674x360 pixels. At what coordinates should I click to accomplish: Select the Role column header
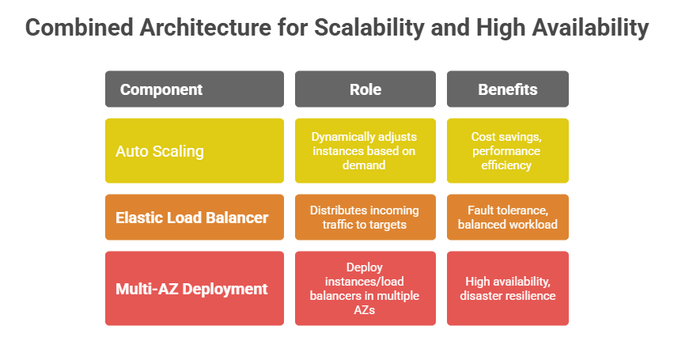tap(365, 89)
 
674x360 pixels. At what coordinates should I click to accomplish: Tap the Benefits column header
tap(507, 89)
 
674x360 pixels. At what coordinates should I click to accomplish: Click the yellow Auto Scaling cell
tap(194, 151)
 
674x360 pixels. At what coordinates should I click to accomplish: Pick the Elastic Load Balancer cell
tap(194, 217)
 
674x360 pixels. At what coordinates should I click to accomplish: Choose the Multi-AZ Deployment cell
tap(194, 289)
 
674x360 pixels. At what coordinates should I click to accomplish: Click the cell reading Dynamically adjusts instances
tap(365, 151)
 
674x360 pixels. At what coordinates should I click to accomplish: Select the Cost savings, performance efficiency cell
tap(507, 151)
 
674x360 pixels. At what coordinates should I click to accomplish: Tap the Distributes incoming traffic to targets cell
tap(365, 217)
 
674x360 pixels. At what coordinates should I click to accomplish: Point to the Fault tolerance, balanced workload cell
tap(507, 217)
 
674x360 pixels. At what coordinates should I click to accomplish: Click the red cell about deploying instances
tap(365, 289)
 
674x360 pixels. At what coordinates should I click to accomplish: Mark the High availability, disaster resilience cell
tap(507, 289)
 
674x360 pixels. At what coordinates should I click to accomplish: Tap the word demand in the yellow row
tap(365, 166)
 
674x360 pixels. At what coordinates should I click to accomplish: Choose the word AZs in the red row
tap(365, 310)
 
